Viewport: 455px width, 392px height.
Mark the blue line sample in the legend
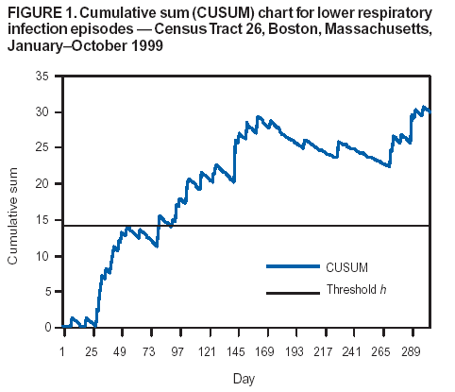pos(293,267)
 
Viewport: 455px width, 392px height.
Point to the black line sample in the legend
pos(293,292)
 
